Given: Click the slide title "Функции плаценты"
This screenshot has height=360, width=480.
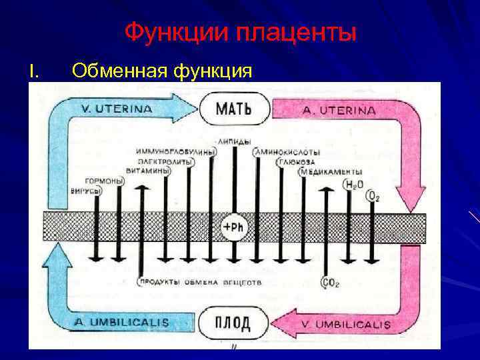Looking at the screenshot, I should [x=240, y=31].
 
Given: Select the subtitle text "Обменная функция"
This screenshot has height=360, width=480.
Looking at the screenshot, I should [x=161, y=69].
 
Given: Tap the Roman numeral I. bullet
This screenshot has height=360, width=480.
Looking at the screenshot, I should [x=33, y=69].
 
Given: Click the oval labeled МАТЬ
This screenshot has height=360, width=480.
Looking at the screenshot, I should [x=234, y=109].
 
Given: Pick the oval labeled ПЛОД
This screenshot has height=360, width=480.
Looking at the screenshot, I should [x=233, y=323].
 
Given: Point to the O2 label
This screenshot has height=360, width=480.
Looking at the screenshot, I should [x=373, y=196].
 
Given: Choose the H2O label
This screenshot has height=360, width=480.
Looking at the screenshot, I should [x=351, y=184].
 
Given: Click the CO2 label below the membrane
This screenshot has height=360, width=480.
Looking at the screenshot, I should [x=331, y=283].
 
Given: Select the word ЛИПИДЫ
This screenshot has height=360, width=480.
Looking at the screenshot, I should [x=234, y=141].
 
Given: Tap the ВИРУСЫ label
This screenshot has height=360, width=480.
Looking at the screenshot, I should [x=86, y=191].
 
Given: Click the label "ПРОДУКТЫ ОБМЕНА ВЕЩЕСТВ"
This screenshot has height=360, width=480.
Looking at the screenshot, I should [x=200, y=283].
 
